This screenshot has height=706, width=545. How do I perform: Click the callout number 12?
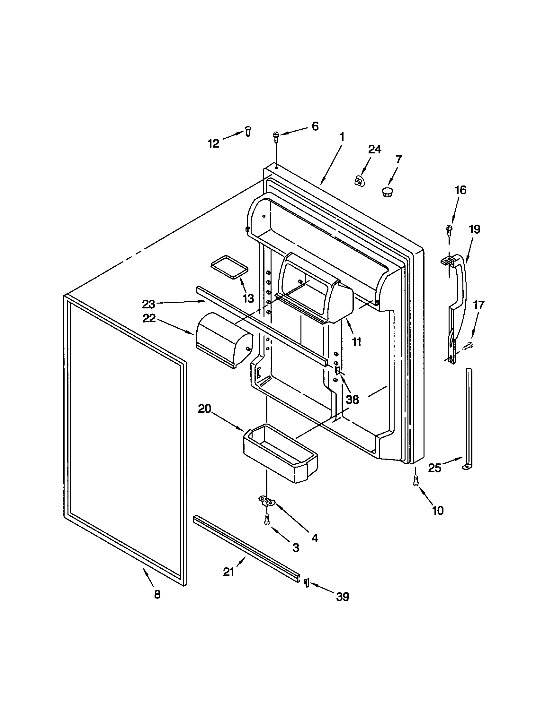point(213,143)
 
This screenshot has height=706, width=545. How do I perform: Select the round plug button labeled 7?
point(387,193)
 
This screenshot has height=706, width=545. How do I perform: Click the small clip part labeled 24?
point(358,181)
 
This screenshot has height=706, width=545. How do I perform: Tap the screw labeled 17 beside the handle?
point(468,346)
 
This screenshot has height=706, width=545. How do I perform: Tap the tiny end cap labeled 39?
point(306,591)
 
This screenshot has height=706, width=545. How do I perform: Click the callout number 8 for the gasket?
point(157,603)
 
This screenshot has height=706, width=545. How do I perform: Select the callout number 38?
point(353,400)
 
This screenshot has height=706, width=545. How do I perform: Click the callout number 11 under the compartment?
point(356,342)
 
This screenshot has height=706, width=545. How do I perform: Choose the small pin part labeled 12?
point(248,131)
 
